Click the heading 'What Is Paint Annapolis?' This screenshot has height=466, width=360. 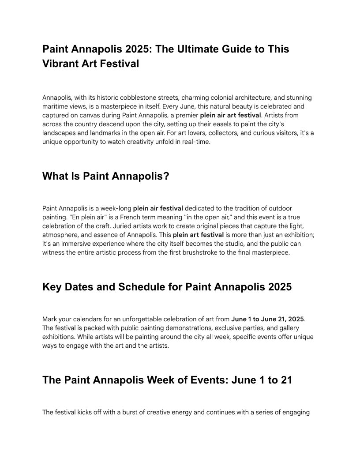pyautogui.click(x=106, y=176)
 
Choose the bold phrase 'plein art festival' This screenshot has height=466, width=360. pyautogui.click(x=198, y=234)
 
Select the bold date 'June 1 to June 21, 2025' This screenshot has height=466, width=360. pyautogui.click(x=268, y=319)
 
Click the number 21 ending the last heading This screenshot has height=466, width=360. pyautogui.click(x=286, y=380)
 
